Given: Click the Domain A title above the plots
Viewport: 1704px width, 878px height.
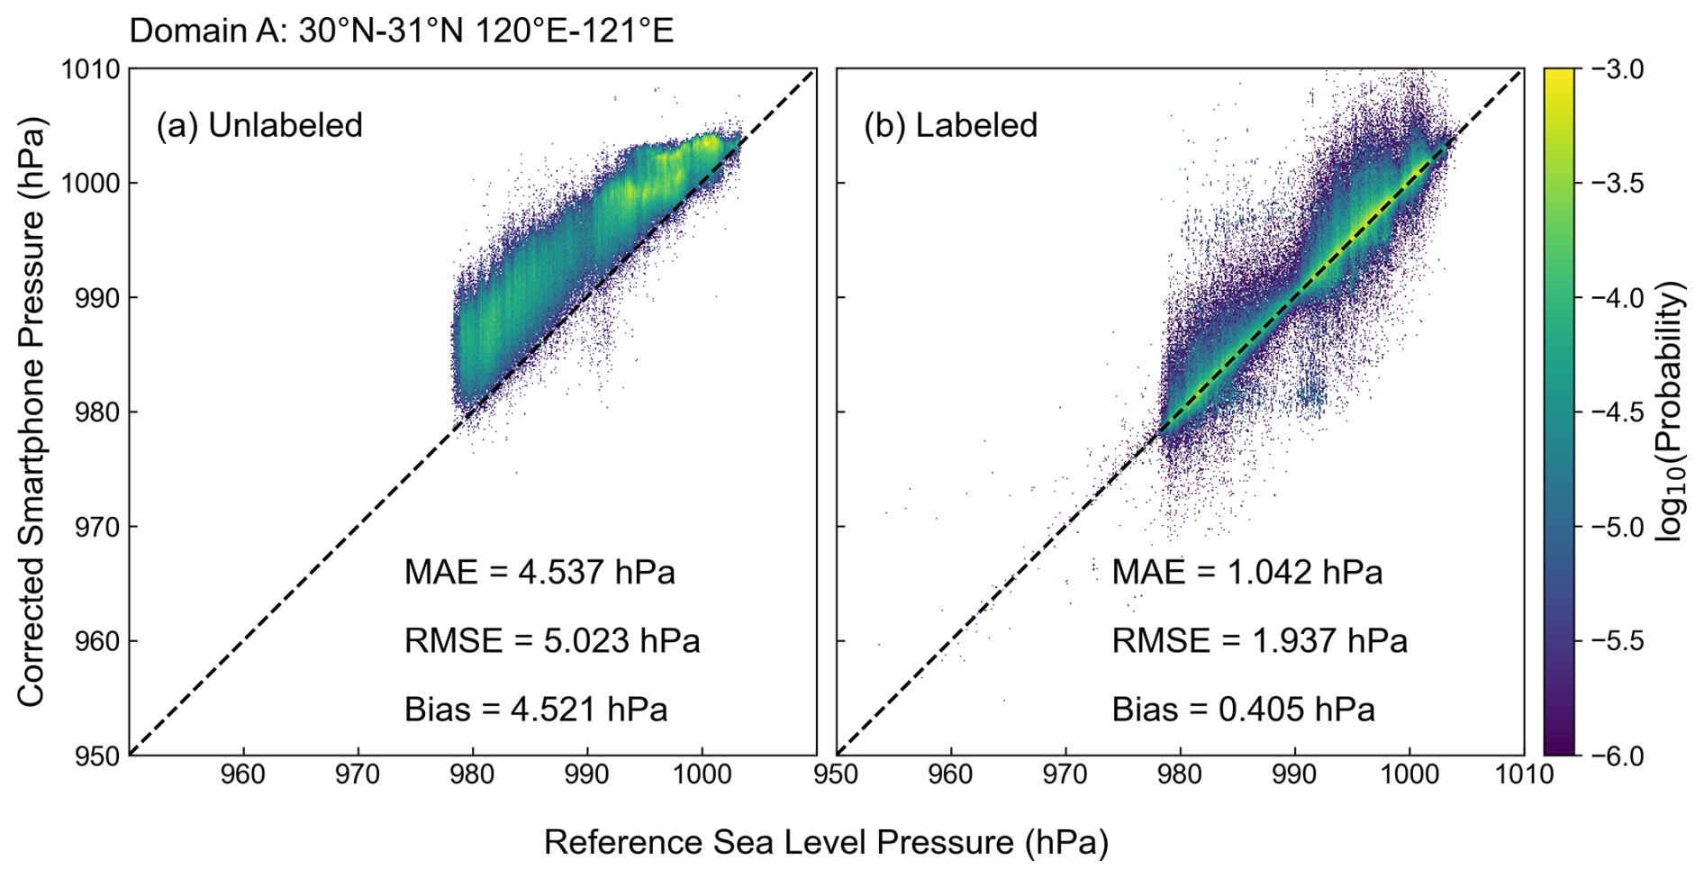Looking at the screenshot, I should [401, 31].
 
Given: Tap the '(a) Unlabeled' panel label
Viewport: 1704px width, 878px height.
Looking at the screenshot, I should [259, 125].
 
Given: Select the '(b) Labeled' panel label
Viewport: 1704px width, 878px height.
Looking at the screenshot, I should [950, 125].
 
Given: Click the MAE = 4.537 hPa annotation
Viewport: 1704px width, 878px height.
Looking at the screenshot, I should [539, 573].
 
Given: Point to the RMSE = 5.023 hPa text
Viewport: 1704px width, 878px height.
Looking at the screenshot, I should [551, 641].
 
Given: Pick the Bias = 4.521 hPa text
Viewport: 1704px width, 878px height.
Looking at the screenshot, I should [536, 710].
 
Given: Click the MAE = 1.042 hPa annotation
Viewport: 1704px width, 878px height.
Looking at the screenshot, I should [1246, 573].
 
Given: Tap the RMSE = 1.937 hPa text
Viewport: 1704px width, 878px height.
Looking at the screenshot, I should [1259, 641].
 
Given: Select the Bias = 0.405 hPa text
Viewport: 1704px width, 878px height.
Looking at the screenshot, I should [1243, 710].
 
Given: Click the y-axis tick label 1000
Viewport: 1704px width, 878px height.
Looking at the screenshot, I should [90, 184].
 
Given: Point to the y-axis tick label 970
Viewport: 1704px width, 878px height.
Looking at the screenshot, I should [97, 527].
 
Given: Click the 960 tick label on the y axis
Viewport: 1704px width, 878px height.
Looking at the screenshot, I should [97, 641].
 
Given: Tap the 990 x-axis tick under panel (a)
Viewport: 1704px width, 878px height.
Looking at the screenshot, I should [587, 774].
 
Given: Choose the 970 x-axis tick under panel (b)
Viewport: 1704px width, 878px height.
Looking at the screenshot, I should [1065, 774].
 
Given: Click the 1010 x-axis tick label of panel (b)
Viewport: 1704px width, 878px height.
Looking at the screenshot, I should [1524, 774].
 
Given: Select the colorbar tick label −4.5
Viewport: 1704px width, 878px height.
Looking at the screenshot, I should [1618, 412].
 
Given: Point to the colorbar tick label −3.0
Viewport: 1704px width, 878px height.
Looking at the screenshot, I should [1618, 69].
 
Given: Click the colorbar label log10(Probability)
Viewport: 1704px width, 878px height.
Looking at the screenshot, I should [1672, 411].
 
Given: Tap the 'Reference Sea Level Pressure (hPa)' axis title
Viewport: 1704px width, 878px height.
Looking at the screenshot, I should [826, 843].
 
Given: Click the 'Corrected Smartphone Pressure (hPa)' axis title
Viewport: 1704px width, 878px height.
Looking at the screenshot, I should [31, 412].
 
